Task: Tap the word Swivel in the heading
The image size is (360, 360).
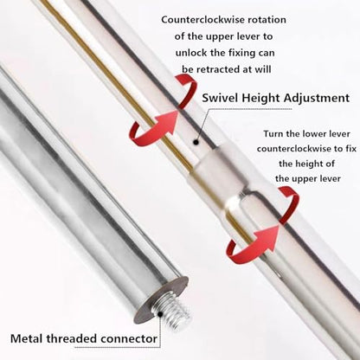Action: tap(220, 98)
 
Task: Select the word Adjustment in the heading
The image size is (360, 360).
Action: tap(317, 98)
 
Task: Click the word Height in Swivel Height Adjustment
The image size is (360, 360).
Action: tap(260, 99)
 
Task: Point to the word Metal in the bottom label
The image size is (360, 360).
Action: tap(27, 338)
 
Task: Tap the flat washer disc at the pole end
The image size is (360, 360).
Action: tap(162, 301)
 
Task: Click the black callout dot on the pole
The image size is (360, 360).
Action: tap(196, 142)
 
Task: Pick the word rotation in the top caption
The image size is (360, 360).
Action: tap(267, 20)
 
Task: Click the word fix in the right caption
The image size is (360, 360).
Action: tap(350, 149)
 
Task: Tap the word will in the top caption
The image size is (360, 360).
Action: tap(262, 69)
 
